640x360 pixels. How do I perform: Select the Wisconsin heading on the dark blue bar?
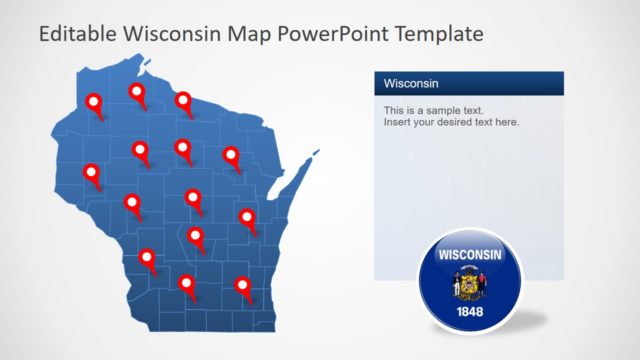click(x=410, y=83)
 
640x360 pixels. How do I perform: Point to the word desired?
click(x=466, y=122)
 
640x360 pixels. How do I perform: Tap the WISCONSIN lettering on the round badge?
click(x=470, y=255)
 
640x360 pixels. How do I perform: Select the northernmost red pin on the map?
click(x=137, y=94)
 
